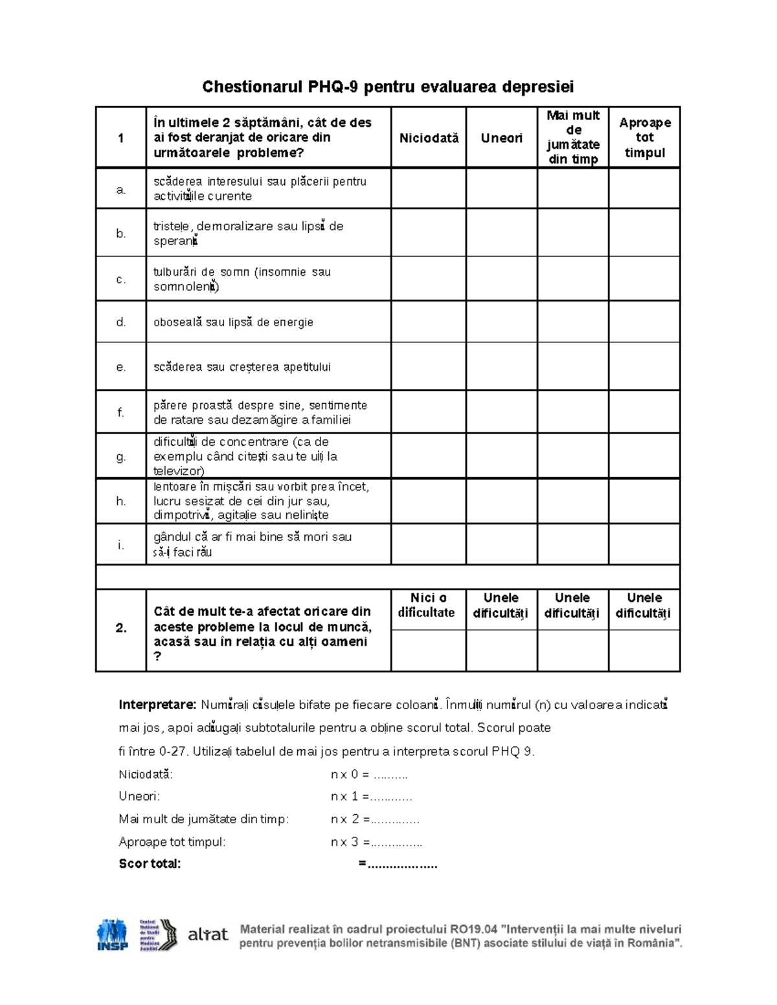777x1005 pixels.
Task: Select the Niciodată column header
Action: click(429, 138)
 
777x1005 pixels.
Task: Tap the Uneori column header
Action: click(501, 138)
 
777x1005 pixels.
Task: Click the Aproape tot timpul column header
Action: click(644, 137)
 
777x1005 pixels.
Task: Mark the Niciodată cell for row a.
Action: click(428, 188)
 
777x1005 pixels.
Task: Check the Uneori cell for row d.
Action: click(501, 322)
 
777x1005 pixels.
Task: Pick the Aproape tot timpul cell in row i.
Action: click(644, 544)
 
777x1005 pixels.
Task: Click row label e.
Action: click(121, 367)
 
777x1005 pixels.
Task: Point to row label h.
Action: click(121, 501)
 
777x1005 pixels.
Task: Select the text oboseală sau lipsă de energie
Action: click(233, 322)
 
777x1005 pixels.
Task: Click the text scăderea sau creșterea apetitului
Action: click(242, 367)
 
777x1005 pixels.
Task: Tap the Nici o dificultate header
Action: click(428, 605)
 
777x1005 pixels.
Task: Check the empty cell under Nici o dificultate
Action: click(428, 650)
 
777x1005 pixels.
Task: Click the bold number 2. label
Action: click(121, 628)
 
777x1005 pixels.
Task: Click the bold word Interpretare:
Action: click(157, 705)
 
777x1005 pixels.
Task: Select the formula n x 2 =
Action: click(350, 819)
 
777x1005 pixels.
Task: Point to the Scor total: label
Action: click(150, 863)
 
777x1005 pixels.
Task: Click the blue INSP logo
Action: click(112, 934)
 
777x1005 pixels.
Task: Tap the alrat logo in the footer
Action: click(207, 934)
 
